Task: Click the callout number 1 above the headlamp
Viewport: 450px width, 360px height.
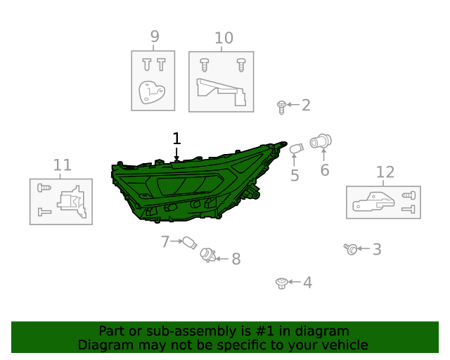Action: point(176,139)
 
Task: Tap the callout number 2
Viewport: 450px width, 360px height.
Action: point(307,105)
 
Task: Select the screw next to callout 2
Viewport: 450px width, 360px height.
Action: point(281,108)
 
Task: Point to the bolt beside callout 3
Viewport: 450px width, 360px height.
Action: point(351,249)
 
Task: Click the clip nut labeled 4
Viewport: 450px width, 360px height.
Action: point(281,283)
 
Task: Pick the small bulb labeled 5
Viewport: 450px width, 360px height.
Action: point(296,148)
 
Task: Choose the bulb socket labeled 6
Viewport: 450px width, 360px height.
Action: point(321,141)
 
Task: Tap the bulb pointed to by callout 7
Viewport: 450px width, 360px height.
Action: point(190,243)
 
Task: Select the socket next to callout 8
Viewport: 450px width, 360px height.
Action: point(208,255)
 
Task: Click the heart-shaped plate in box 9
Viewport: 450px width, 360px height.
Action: point(152,92)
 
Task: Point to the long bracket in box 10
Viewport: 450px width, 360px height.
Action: point(221,92)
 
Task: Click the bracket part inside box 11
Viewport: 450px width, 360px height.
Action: point(72,202)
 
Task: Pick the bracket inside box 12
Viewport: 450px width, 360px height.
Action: point(373,202)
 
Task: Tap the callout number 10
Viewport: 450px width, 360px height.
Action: point(224,38)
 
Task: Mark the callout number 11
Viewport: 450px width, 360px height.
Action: point(63,165)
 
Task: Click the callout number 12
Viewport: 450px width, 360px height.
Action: point(385,172)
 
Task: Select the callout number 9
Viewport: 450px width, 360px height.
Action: point(155,37)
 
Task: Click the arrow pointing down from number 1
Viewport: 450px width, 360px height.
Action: point(176,154)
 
